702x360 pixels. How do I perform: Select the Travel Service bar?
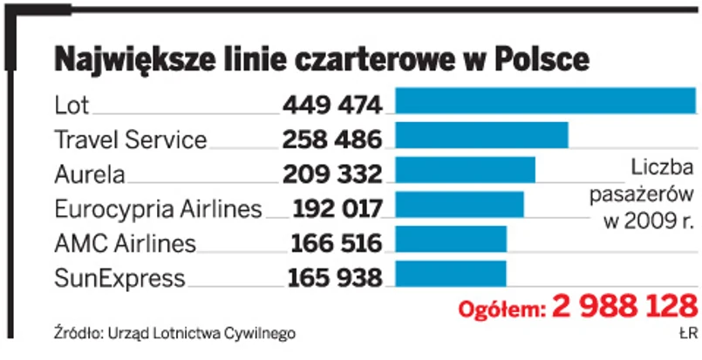click(482, 135)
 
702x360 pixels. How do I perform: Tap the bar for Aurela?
click(466, 170)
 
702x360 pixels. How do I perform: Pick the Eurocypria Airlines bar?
click(460, 204)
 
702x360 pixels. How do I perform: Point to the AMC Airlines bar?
click(451, 239)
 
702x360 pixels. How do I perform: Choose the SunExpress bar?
click(451, 274)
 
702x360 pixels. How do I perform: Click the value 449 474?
click(332, 105)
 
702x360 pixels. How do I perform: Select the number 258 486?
click(332, 139)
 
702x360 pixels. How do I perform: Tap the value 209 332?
click(332, 174)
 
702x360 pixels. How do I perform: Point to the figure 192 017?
click(337, 209)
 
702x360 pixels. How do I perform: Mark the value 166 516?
click(337, 244)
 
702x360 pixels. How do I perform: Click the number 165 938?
click(335, 279)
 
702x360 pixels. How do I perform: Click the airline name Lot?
click(72, 105)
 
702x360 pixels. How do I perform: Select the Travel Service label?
click(130, 139)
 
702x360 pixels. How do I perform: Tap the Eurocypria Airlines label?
click(158, 209)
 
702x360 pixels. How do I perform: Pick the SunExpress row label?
click(119, 279)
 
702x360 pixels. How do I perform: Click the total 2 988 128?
click(625, 307)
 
